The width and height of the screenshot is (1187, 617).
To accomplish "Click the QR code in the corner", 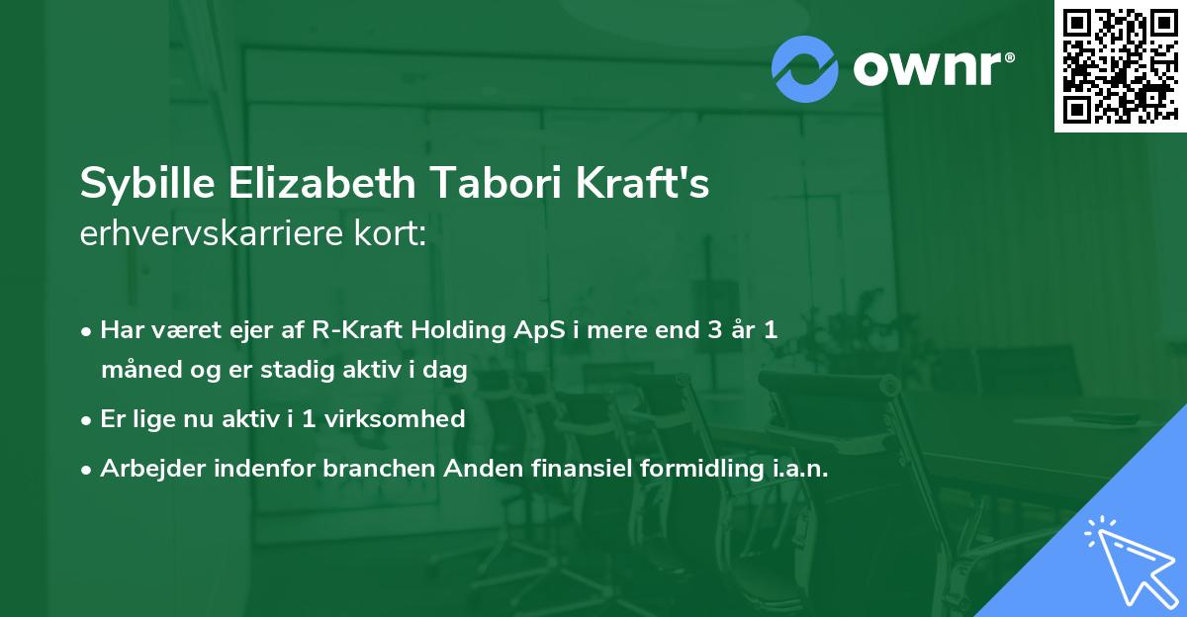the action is [x=1120, y=65].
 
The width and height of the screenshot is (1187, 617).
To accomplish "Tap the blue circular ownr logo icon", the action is [x=804, y=69].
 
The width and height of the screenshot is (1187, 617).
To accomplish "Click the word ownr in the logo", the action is [x=928, y=69].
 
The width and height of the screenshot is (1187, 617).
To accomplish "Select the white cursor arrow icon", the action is [x=1132, y=562].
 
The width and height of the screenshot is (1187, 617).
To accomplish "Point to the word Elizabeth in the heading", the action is [x=322, y=183].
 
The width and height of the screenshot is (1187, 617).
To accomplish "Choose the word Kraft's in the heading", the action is [x=642, y=183].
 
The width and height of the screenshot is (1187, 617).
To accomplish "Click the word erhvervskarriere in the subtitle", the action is [x=212, y=233].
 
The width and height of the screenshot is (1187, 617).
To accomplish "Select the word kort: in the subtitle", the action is [x=390, y=233].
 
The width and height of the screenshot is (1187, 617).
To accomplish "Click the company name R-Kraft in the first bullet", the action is [x=357, y=330].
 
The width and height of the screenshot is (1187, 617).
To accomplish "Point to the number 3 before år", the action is [x=715, y=330].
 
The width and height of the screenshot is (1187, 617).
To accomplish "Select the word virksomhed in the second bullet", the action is [x=395, y=419].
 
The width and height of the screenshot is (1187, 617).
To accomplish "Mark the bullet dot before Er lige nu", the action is [x=86, y=421].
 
